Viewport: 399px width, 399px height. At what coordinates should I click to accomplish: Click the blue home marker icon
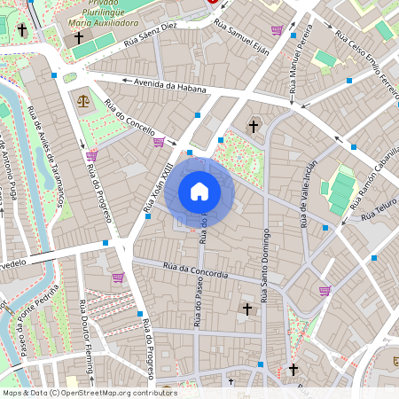pyautogui.click(x=199, y=192)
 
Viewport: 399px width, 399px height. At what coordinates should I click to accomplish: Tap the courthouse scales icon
pyautogui.click(x=83, y=101)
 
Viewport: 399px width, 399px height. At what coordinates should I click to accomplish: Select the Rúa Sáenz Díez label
pyautogui.click(x=151, y=34)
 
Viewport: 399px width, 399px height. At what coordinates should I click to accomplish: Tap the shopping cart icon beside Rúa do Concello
pyautogui.click(x=159, y=142)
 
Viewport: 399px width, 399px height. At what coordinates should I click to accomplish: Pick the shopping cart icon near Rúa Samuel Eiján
pyautogui.click(x=277, y=30)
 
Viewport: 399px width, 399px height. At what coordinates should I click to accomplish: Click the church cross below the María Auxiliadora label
pyautogui.click(x=78, y=38)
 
